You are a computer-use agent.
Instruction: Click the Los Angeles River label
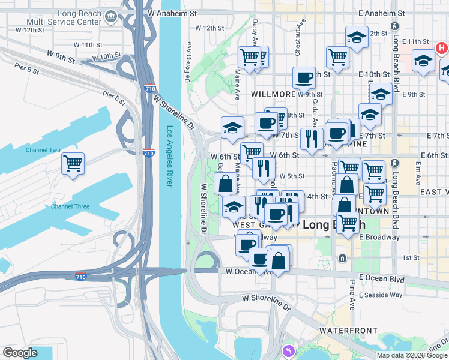170,156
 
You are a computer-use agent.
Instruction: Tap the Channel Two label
43,150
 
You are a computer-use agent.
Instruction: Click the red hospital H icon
441,47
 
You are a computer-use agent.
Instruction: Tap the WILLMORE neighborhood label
273,94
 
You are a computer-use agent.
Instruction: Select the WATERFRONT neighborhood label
348,331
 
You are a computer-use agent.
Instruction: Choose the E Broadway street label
379,237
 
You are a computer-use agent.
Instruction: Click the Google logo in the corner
20,353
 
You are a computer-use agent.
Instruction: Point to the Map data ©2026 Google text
411,355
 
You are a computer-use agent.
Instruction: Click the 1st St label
411,257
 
